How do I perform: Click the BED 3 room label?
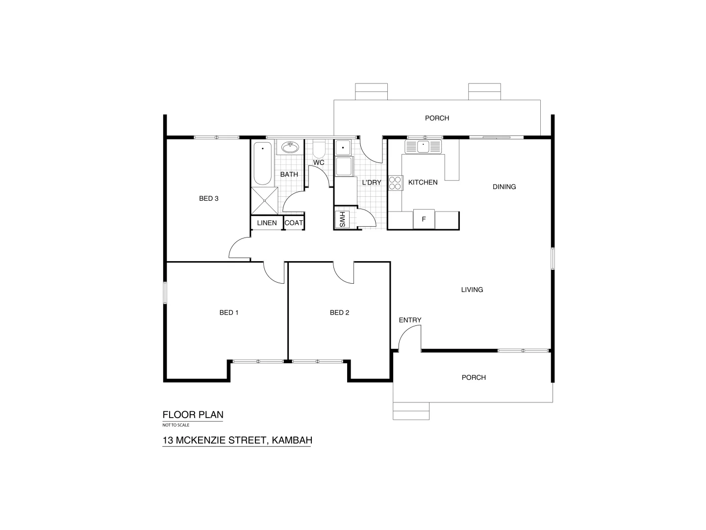(208, 199)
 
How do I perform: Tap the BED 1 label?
(229, 313)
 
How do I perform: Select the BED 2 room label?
(339, 313)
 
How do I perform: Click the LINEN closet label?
(267, 223)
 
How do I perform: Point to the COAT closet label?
(294, 223)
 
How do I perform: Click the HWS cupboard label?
(342, 220)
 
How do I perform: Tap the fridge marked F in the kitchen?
(424, 219)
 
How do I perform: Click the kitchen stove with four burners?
(395, 183)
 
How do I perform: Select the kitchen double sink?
(423, 146)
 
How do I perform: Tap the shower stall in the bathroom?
(264, 200)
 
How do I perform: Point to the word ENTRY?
(410, 320)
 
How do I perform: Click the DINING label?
(504, 187)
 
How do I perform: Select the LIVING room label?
(472, 290)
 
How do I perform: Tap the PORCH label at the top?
(437, 118)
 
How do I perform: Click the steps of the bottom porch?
(411, 411)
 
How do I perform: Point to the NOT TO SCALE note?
(176, 425)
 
